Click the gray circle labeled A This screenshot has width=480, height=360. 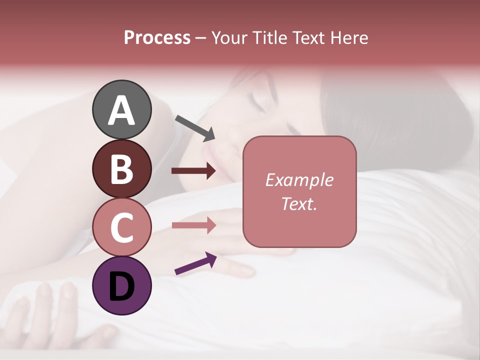(x=121, y=109)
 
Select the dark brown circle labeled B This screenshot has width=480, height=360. (x=121, y=168)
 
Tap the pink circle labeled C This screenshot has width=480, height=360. (x=121, y=227)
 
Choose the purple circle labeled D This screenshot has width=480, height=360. (x=121, y=285)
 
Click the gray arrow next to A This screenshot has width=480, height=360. (x=195, y=127)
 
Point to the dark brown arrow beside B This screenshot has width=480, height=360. (x=193, y=171)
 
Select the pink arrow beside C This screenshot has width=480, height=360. (x=193, y=225)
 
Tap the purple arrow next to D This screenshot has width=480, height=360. (x=195, y=263)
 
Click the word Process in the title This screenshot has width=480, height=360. (x=157, y=38)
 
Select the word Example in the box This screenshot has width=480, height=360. (x=299, y=180)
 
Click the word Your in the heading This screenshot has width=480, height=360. (x=228, y=38)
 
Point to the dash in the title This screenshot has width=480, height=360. (x=201, y=38)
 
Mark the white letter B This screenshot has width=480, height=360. (x=121, y=169)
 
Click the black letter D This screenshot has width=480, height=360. (x=121, y=286)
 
